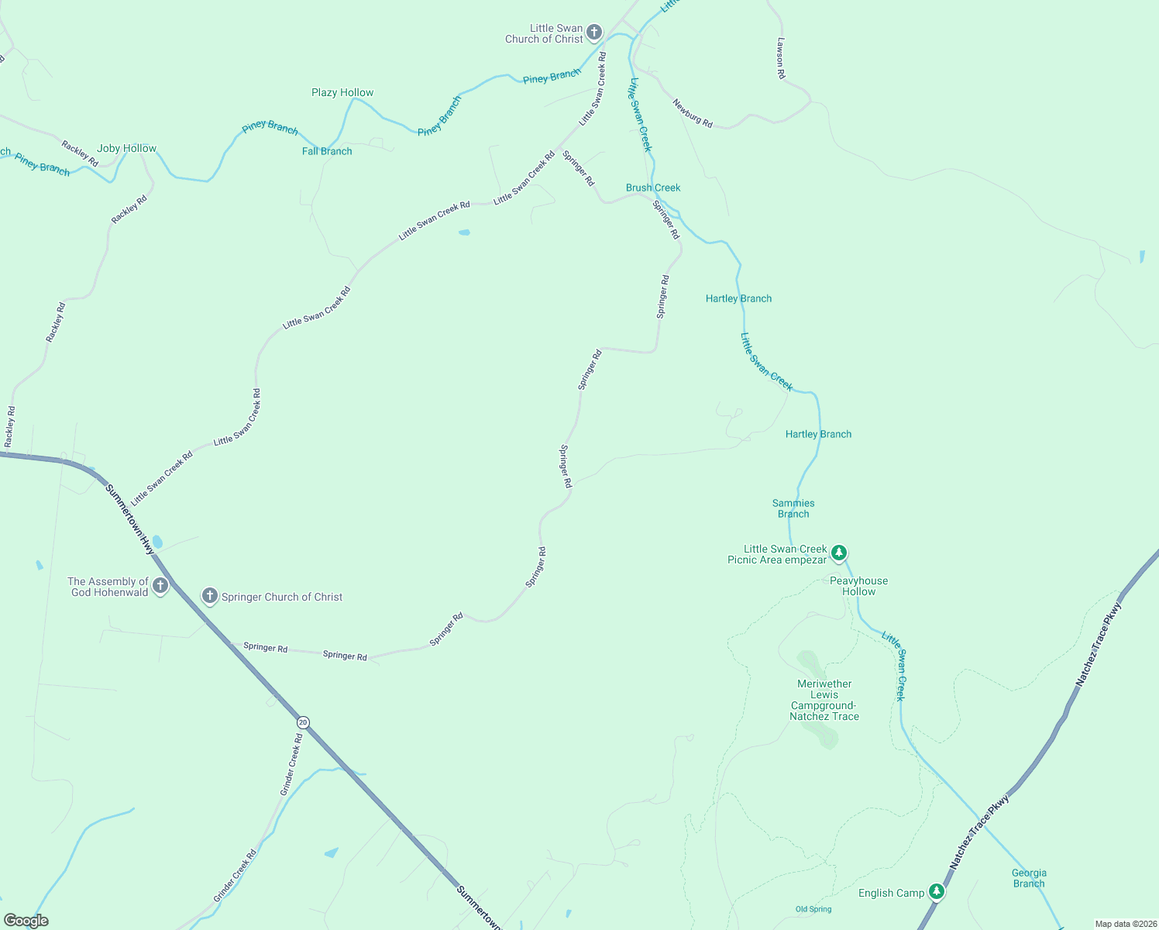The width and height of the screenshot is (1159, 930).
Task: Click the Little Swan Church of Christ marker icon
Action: coord(594,33)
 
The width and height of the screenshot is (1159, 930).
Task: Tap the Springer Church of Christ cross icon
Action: coord(209,596)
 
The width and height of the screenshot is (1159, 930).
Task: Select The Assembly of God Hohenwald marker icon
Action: coord(160,585)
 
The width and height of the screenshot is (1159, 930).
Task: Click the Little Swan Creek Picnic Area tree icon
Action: coord(838,553)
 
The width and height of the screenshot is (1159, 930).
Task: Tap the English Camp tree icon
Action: coord(937,892)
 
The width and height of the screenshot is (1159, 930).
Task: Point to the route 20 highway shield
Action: coord(303,722)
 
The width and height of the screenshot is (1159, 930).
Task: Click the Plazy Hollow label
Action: coord(342,92)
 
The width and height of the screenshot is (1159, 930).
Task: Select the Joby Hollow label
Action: coord(126,148)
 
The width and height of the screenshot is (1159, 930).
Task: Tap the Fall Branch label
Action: coord(327,151)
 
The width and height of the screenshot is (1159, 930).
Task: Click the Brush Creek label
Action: coord(653,188)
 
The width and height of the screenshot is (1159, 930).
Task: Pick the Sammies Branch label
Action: coord(793,508)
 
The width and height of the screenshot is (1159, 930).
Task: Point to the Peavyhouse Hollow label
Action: coord(858,586)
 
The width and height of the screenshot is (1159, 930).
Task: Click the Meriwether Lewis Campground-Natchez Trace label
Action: coord(824,700)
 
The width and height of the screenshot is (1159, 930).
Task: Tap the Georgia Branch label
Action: coord(1029,878)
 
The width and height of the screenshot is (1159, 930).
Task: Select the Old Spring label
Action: coord(813,909)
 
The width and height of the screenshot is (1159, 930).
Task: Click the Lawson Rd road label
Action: coord(781,58)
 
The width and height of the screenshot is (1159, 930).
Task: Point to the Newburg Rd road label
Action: coord(693,113)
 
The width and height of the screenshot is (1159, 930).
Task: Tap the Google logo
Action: coord(26,921)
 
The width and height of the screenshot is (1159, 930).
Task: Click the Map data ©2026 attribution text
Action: coord(1125,924)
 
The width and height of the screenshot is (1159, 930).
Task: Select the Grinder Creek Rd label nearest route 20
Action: coord(291,765)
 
